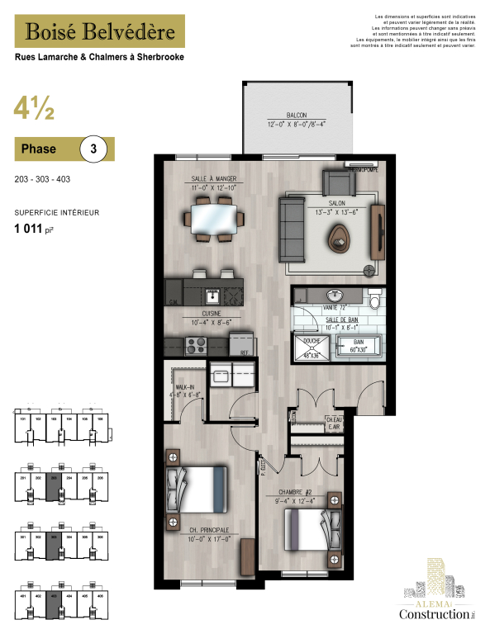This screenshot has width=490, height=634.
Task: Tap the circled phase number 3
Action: [93, 149]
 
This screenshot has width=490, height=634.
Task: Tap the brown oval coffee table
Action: [339, 240]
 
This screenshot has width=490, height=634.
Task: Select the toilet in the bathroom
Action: [373, 297]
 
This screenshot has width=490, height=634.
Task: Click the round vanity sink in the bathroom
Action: [334, 296]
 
